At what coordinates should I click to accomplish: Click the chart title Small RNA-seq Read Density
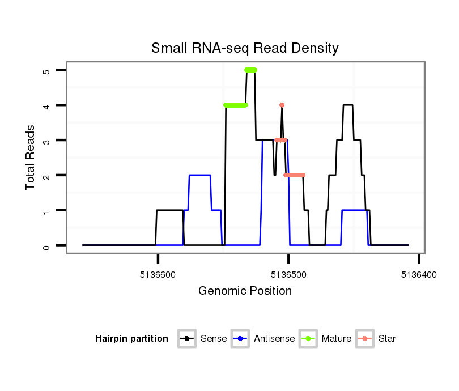point(245,48)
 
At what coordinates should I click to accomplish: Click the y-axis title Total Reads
point(31,158)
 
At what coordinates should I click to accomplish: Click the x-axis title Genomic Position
point(245,291)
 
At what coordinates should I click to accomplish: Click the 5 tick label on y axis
point(46,70)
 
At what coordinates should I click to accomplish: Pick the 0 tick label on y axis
point(46,245)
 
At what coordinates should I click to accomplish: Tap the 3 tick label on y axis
point(46,140)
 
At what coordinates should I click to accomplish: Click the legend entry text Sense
point(214,339)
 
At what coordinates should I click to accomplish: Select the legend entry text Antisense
point(274,339)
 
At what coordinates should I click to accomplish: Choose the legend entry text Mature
point(336,339)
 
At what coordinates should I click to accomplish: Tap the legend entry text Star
point(388,339)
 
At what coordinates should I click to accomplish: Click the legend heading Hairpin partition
point(131,339)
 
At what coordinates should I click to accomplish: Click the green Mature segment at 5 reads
point(250,70)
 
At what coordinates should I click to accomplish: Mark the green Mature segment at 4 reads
point(236,105)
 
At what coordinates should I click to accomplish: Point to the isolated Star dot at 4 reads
point(282,105)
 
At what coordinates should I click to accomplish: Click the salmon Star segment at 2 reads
point(295,175)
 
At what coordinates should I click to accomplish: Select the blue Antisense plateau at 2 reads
point(199,175)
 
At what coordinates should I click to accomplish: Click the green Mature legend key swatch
point(309,339)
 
